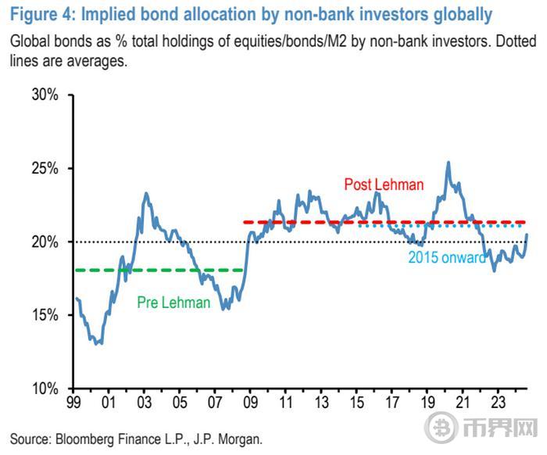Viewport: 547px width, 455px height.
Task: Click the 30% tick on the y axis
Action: click(x=45, y=95)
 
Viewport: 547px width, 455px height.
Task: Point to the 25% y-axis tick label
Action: click(x=45, y=169)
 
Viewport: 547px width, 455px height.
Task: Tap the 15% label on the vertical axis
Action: click(x=45, y=315)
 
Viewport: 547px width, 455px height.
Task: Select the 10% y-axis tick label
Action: click(x=45, y=389)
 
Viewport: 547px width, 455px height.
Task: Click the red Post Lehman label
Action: click(x=384, y=185)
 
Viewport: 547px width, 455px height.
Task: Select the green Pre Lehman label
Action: click(x=173, y=303)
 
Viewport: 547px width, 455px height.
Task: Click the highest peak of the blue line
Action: click(x=448, y=163)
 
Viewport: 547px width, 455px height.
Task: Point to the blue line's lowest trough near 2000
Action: click(x=98, y=343)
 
